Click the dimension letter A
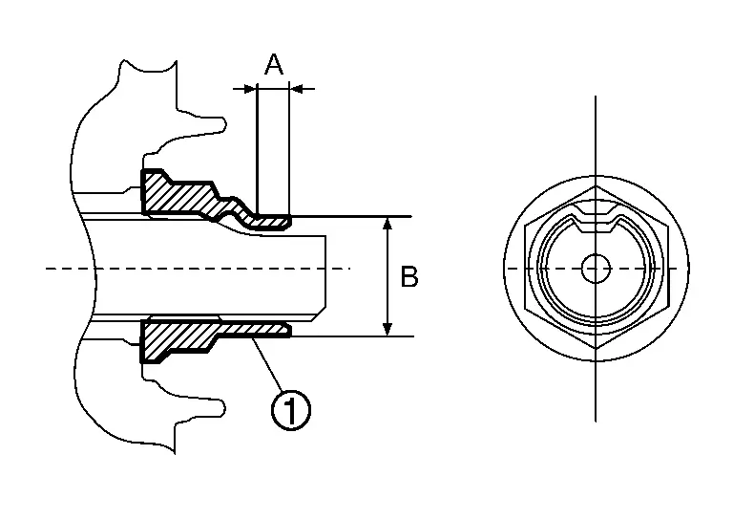(x=274, y=65)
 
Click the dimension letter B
(x=408, y=277)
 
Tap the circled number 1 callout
(x=291, y=409)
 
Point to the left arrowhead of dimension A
(x=251, y=89)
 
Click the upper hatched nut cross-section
(x=181, y=196)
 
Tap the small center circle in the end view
(x=595, y=269)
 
